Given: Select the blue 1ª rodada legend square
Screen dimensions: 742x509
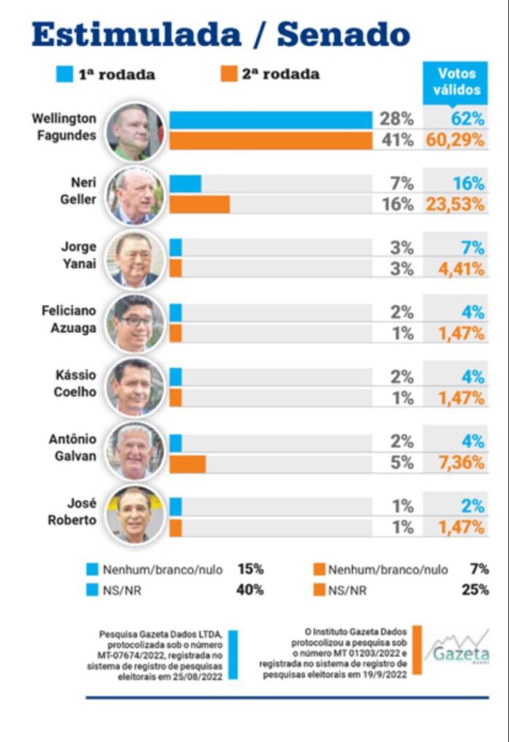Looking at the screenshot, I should [64, 74].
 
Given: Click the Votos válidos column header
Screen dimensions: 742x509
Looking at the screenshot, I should [456, 81].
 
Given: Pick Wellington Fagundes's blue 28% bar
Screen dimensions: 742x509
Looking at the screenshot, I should [271, 119].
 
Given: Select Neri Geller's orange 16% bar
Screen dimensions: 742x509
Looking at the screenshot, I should [200, 204].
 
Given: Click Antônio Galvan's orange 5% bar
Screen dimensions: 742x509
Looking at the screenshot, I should [187, 463].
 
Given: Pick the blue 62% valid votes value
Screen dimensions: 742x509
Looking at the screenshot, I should [468, 119].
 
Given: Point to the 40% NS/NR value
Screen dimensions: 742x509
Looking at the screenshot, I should [250, 589].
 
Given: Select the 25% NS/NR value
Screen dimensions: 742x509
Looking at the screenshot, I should [476, 589].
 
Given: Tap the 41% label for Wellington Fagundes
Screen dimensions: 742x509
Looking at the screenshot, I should [397, 140].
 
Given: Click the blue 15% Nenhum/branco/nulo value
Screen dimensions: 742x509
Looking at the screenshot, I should [250, 569].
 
